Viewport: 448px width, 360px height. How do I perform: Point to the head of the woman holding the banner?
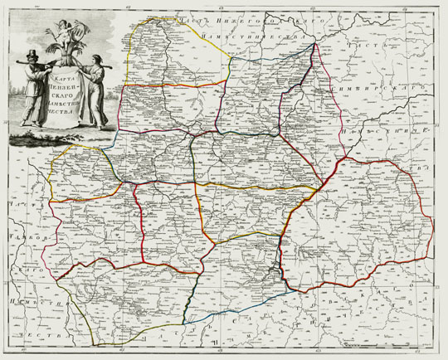point(96,60)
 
